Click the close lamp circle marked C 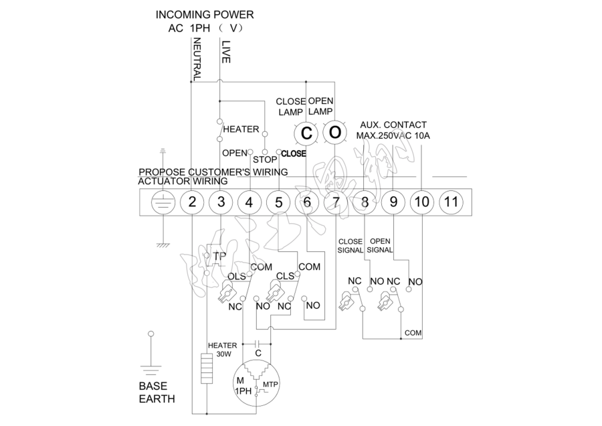pos(306,133)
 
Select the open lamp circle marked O pos(334,133)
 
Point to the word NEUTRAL pos(197,60)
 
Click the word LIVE pos(225,52)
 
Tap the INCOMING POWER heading pos(205,14)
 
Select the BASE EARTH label pos(157,393)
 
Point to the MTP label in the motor pos(270,384)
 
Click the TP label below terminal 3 pos(219,256)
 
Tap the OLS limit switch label pos(236,277)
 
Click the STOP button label pos(265,160)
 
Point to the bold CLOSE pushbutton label pos(294,153)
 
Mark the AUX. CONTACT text pos(393,125)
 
